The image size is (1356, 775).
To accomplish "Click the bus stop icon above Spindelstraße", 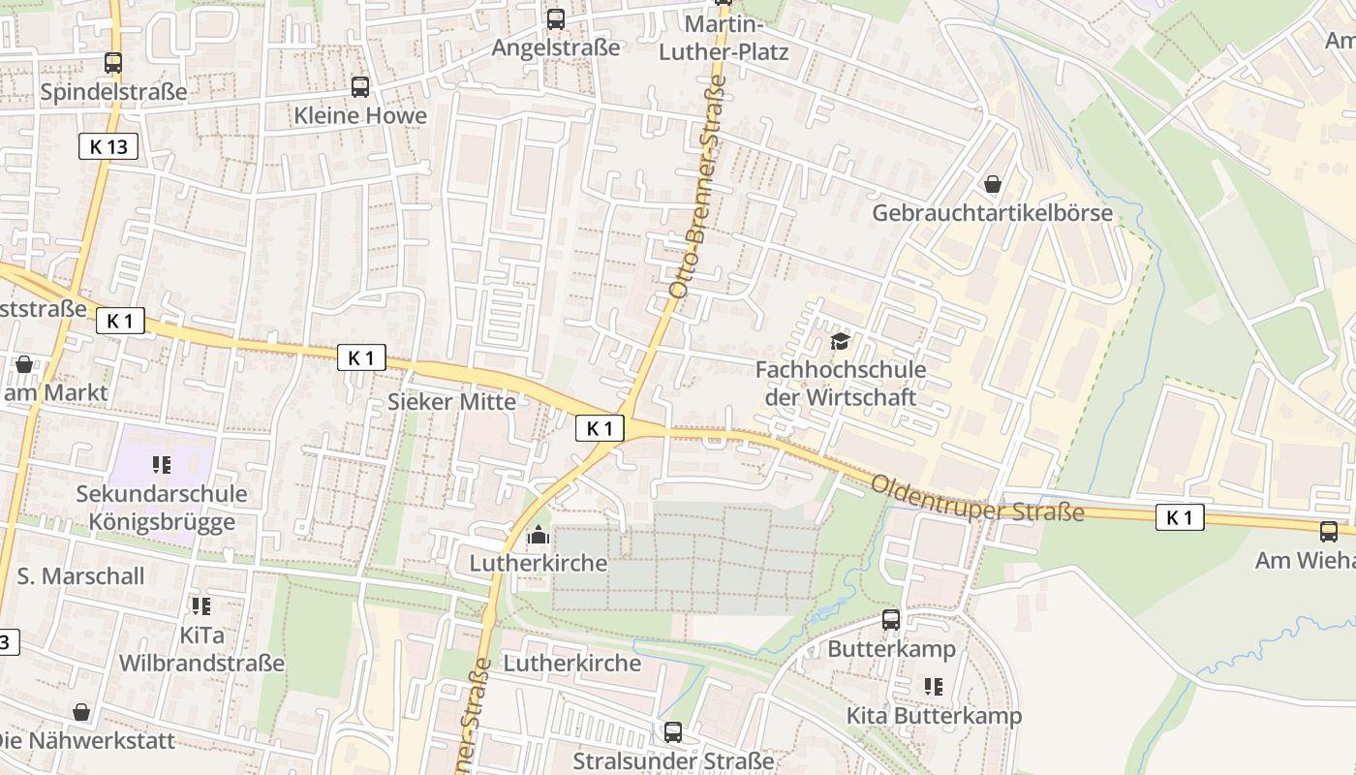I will click(x=113, y=63).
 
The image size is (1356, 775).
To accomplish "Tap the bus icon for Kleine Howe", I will click(x=360, y=87).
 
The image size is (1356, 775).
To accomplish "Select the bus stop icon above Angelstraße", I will click(x=556, y=18).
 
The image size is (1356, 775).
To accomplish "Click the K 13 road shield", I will click(x=108, y=146).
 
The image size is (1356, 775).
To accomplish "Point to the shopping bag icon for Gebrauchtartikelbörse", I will click(x=993, y=183).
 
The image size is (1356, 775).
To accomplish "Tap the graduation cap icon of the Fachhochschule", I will click(x=840, y=341).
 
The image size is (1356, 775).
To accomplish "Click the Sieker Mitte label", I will click(x=451, y=401).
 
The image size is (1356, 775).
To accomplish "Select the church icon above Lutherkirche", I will click(x=538, y=535).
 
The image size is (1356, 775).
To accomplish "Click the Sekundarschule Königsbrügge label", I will click(x=162, y=508).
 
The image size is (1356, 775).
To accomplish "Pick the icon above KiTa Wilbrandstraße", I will click(x=201, y=606).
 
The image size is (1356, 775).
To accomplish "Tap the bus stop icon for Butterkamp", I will click(x=891, y=620).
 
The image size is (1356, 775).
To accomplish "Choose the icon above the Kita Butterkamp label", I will click(x=934, y=687).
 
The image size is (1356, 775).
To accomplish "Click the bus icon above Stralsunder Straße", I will click(x=673, y=731).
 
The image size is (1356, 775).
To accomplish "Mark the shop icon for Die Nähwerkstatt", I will click(x=81, y=712).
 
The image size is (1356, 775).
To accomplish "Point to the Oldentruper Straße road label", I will click(x=976, y=498).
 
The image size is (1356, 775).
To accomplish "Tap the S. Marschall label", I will click(x=80, y=575).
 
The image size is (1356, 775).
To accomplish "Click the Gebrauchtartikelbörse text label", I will click(x=993, y=213).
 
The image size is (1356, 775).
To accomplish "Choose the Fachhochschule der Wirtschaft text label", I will click(x=840, y=383).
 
